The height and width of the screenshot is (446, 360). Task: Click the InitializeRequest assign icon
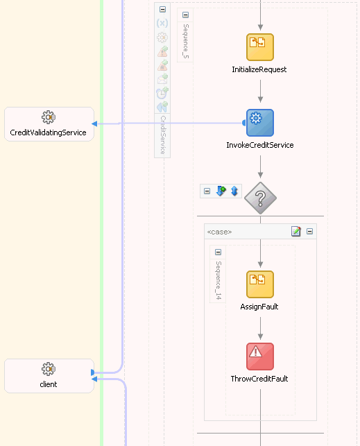coord(260,47)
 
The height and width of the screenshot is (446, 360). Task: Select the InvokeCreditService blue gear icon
coord(260,123)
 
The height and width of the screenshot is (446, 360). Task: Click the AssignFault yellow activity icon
coord(260,284)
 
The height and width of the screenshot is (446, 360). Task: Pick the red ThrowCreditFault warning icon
coord(260,356)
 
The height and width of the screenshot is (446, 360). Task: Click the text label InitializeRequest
coord(259,70)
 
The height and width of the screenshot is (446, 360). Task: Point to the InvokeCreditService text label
coord(260,146)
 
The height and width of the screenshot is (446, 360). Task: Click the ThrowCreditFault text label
coord(259,379)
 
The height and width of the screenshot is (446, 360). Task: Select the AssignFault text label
coord(259,307)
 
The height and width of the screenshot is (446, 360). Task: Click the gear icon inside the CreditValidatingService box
coord(48,117)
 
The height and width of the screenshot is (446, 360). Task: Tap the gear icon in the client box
coord(48,369)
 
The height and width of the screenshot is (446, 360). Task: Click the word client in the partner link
coord(48,384)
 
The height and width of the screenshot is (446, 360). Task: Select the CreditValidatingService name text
coord(49,132)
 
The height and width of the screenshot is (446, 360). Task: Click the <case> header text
coord(219,232)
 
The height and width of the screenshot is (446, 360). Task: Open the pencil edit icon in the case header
coord(296,232)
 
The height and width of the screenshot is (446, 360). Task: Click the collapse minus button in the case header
coord(309,232)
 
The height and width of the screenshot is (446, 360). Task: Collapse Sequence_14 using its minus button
coord(218,252)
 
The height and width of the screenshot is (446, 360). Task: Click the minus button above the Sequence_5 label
coord(186,15)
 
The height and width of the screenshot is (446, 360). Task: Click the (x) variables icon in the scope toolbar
coord(162,23)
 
